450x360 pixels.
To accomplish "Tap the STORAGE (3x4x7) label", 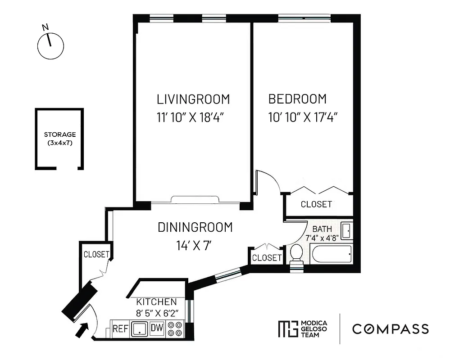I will point(59,139).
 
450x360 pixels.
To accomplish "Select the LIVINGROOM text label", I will point(193,99).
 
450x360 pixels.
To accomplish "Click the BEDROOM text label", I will point(297,99).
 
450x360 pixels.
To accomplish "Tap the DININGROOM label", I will point(195,227).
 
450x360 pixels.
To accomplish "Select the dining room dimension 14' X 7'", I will point(194,246).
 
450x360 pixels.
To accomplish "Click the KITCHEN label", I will point(157,301).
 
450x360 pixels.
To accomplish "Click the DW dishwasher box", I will point(157,329).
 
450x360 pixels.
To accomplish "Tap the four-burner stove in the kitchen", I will point(175,329).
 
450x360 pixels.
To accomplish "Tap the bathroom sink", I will point(346,230).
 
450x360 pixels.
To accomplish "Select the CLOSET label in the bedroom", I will point(316,204).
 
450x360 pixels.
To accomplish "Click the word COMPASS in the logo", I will point(391,329).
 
